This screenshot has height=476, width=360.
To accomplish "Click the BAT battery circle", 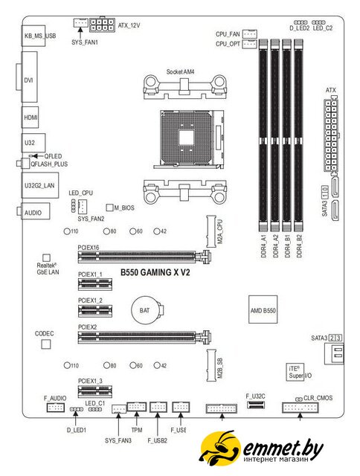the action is pyautogui.click(x=145, y=310).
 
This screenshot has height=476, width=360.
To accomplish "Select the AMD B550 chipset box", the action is pyautogui.click(x=263, y=309).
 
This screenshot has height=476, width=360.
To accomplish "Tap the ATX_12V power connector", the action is pyautogui.click(x=103, y=25).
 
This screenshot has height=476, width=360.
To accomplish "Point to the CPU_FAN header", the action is pyautogui.click(x=250, y=34).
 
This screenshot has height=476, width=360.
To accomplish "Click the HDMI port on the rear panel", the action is pyautogui.click(x=30, y=118).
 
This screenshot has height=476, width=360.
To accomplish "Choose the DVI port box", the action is pyautogui.click(x=30, y=77).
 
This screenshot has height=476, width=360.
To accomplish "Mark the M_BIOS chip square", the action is pyautogui.click(x=109, y=208).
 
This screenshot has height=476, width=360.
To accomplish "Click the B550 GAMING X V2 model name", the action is pyautogui.click(x=155, y=272).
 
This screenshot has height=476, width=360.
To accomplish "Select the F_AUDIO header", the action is pyautogui.click(x=56, y=407).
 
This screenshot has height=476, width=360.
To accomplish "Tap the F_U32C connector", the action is pyautogui.click(x=255, y=405).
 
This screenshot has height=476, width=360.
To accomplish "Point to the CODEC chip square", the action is pyautogui.click(x=46, y=344).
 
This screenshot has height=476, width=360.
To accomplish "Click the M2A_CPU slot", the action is pyautogui.click(x=211, y=231).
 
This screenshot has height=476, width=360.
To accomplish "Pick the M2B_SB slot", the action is pyautogui.click(x=211, y=365).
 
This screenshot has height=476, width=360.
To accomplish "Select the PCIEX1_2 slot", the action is pyautogui.click(x=95, y=311).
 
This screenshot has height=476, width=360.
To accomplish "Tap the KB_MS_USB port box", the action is pyautogui.click(x=33, y=36).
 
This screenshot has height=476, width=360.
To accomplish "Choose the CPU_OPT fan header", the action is pyautogui.click(x=250, y=44).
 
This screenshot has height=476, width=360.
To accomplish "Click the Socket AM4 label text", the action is pyautogui.click(x=180, y=72).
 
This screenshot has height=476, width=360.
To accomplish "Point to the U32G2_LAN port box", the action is pyautogui.click(x=40, y=185).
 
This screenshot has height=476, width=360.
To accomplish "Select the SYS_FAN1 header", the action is pyautogui.click(x=81, y=22).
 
